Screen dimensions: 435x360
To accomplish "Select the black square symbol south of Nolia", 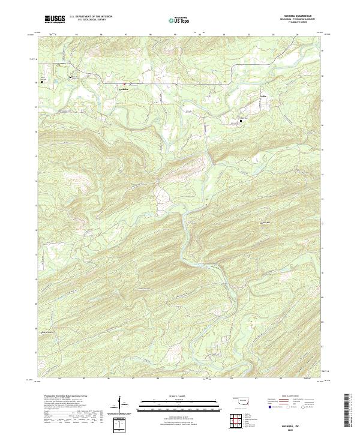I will (241, 121).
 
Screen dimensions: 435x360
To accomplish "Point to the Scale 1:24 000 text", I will (179, 397).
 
